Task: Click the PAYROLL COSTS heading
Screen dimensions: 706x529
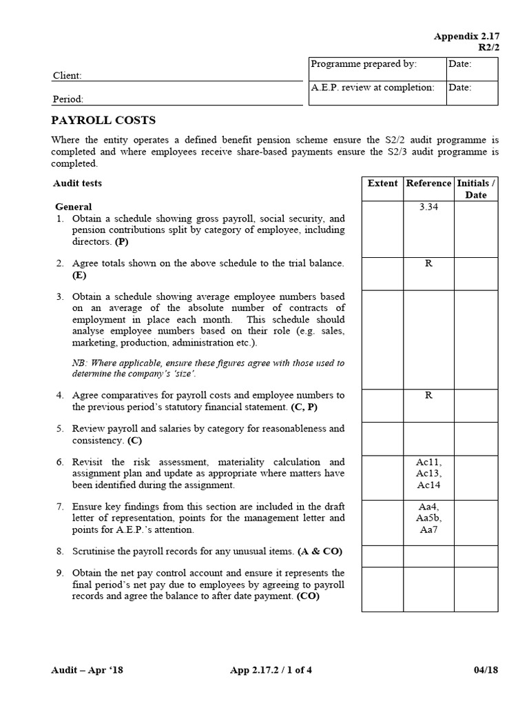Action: click(103, 121)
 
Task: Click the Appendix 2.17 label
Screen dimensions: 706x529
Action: click(466, 36)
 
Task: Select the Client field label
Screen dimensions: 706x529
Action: click(68, 75)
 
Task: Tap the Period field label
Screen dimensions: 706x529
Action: click(68, 99)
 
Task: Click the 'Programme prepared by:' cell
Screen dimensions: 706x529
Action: click(364, 64)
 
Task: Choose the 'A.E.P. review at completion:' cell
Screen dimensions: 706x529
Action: click(373, 88)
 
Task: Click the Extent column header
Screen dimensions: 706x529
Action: click(382, 183)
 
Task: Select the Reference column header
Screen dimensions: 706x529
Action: click(428, 183)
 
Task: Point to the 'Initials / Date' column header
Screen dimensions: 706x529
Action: click(476, 189)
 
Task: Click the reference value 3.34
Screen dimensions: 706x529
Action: click(428, 207)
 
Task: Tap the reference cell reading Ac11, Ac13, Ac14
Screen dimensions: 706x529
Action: click(428, 474)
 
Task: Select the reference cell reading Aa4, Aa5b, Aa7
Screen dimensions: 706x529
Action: click(428, 518)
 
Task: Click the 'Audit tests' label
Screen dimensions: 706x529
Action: click(77, 183)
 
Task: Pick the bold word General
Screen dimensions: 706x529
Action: click(73, 207)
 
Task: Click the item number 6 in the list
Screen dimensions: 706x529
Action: click(60, 462)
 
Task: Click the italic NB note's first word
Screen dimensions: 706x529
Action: click(79, 363)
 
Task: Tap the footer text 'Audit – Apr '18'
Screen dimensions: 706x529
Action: click(87, 669)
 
